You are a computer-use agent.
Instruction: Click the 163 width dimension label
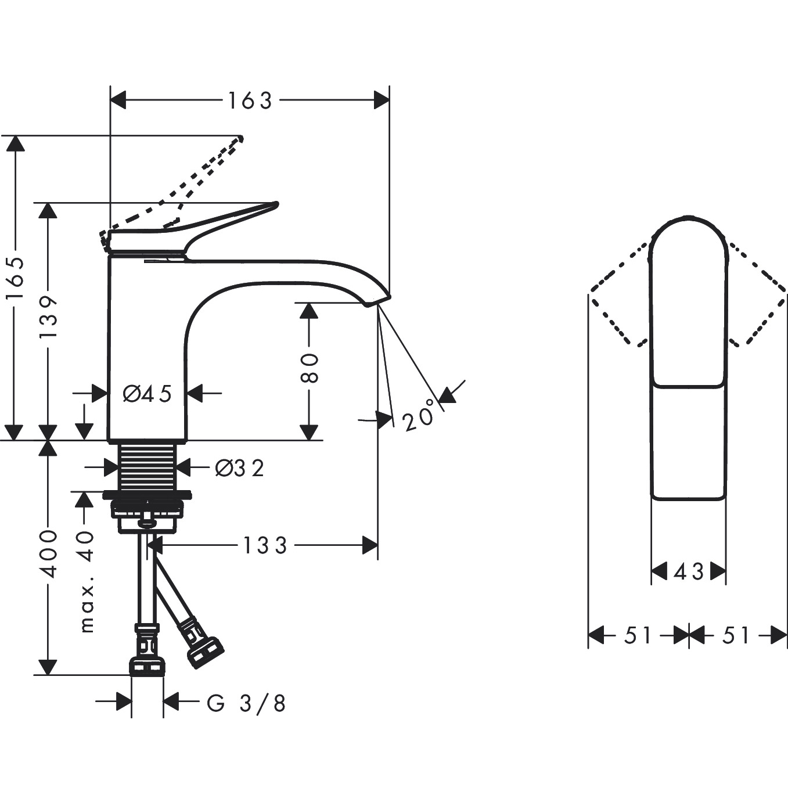[x=250, y=101]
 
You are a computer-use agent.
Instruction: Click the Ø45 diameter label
[x=147, y=394]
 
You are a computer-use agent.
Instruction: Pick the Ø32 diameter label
[x=239, y=467]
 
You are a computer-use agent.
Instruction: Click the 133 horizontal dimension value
[x=265, y=546]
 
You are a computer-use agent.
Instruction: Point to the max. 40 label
[x=86, y=581]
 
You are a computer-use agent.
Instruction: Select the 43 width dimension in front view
[x=689, y=573]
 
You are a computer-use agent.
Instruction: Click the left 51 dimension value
[x=638, y=636]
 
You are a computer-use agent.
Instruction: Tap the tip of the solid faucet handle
[x=275, y=204]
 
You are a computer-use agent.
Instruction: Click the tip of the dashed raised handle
[x=240, y=138]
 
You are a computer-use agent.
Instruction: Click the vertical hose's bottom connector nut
[x=147, y=667]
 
